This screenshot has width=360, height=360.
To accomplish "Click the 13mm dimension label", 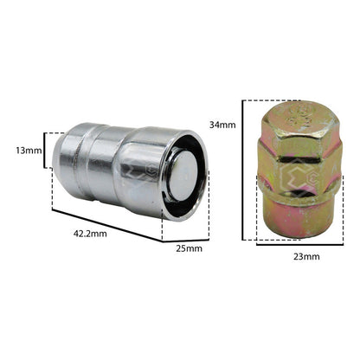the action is coord(29,151).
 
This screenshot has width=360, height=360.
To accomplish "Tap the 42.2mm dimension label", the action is coord(90,234).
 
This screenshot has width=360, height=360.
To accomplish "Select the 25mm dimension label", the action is coord(190,248).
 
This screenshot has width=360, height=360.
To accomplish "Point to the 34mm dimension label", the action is coord(222,125).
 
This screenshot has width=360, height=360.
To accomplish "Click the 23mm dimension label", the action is coord(306,256).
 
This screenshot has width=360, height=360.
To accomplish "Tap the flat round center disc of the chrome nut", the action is coord(183,176).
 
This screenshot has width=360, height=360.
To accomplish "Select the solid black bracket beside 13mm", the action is coord(45,150).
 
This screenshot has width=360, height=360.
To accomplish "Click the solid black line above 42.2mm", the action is coord(107,226).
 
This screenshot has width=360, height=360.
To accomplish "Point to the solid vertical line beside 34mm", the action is coord(243,170).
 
